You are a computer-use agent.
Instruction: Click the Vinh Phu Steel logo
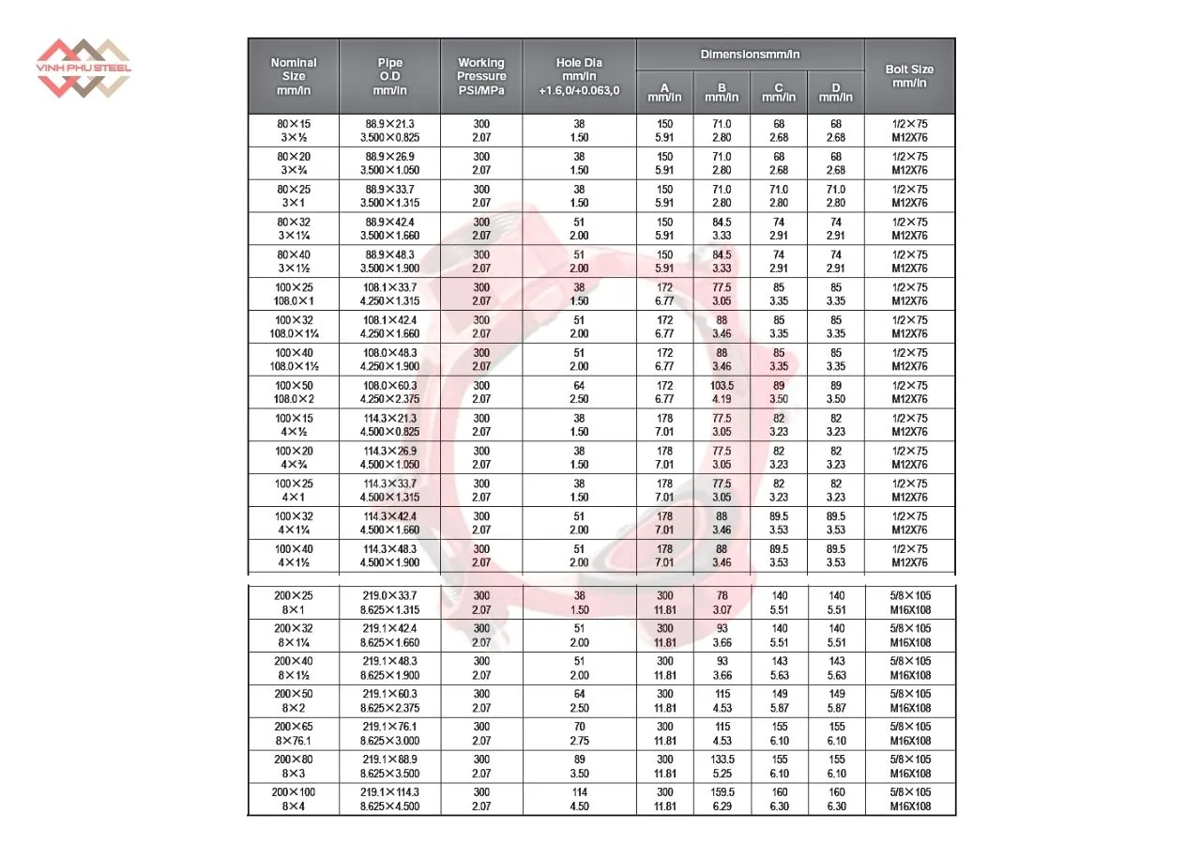click(84, 68)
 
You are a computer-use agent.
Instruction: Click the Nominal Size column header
click(294, 76)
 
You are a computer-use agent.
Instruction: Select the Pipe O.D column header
click(389, 76)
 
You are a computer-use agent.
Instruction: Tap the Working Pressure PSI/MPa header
click(481, 76)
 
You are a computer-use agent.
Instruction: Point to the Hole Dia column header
click(579, 76)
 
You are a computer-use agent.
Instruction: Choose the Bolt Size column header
click(909, 75)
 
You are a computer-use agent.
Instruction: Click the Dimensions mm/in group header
click(750, 54)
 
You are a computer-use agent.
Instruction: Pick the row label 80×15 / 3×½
click(294, 131)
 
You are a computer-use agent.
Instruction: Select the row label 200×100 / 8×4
click(294, 799)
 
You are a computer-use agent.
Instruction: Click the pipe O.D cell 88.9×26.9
click(389, 163)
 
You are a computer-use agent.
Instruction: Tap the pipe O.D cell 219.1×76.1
click(389, 733)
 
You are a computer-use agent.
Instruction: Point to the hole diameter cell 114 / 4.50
click(579, 799)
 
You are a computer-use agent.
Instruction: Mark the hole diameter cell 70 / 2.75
click(579, 733)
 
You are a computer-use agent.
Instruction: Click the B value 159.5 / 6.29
click(722, 799)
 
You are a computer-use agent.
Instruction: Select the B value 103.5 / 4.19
click(722, 392)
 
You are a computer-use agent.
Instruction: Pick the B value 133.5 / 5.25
click(722, 766)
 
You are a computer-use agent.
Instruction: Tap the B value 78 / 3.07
click(722, 603)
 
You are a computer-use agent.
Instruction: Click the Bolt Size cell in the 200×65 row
click(909, 733)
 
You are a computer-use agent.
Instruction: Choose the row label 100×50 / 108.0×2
click(294, 392)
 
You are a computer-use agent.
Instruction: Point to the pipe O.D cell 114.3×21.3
click(389, 425)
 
